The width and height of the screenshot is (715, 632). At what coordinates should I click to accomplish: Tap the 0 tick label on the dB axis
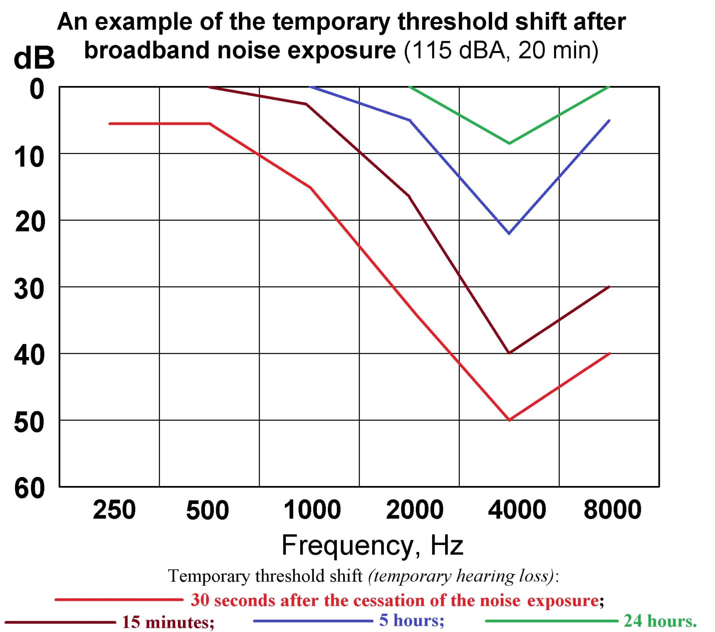pos(37,89)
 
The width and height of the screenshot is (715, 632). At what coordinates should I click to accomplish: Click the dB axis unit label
pos(34,58)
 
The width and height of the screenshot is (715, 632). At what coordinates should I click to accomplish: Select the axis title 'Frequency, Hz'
pos(373,545)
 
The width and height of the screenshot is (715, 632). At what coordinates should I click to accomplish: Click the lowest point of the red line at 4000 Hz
pos(509,420)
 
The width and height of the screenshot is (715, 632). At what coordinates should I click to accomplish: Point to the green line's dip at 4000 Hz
pos(509,143)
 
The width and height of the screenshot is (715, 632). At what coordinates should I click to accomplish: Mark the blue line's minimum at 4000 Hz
pos(509,233)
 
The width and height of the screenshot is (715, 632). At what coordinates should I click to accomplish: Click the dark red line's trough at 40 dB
pos(509,353)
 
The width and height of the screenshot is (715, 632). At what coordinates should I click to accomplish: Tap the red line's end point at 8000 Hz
pos(609,354)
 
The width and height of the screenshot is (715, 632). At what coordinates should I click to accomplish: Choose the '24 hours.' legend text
pos(660,621)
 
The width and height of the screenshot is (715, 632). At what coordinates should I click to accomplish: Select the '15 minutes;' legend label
pos(168,622)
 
